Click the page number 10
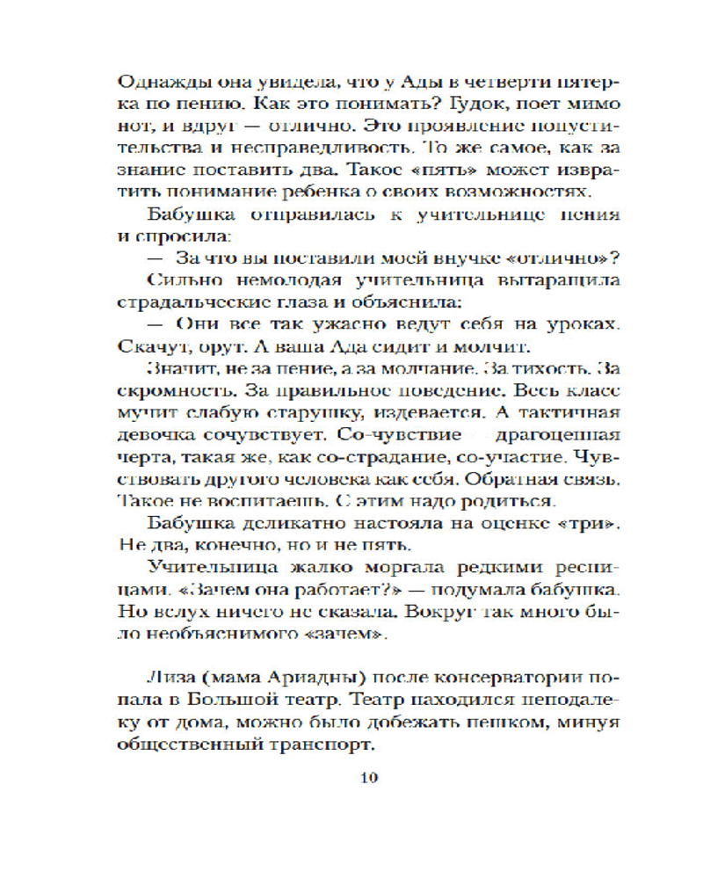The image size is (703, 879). pyautogui.click(x=367, y=777)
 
